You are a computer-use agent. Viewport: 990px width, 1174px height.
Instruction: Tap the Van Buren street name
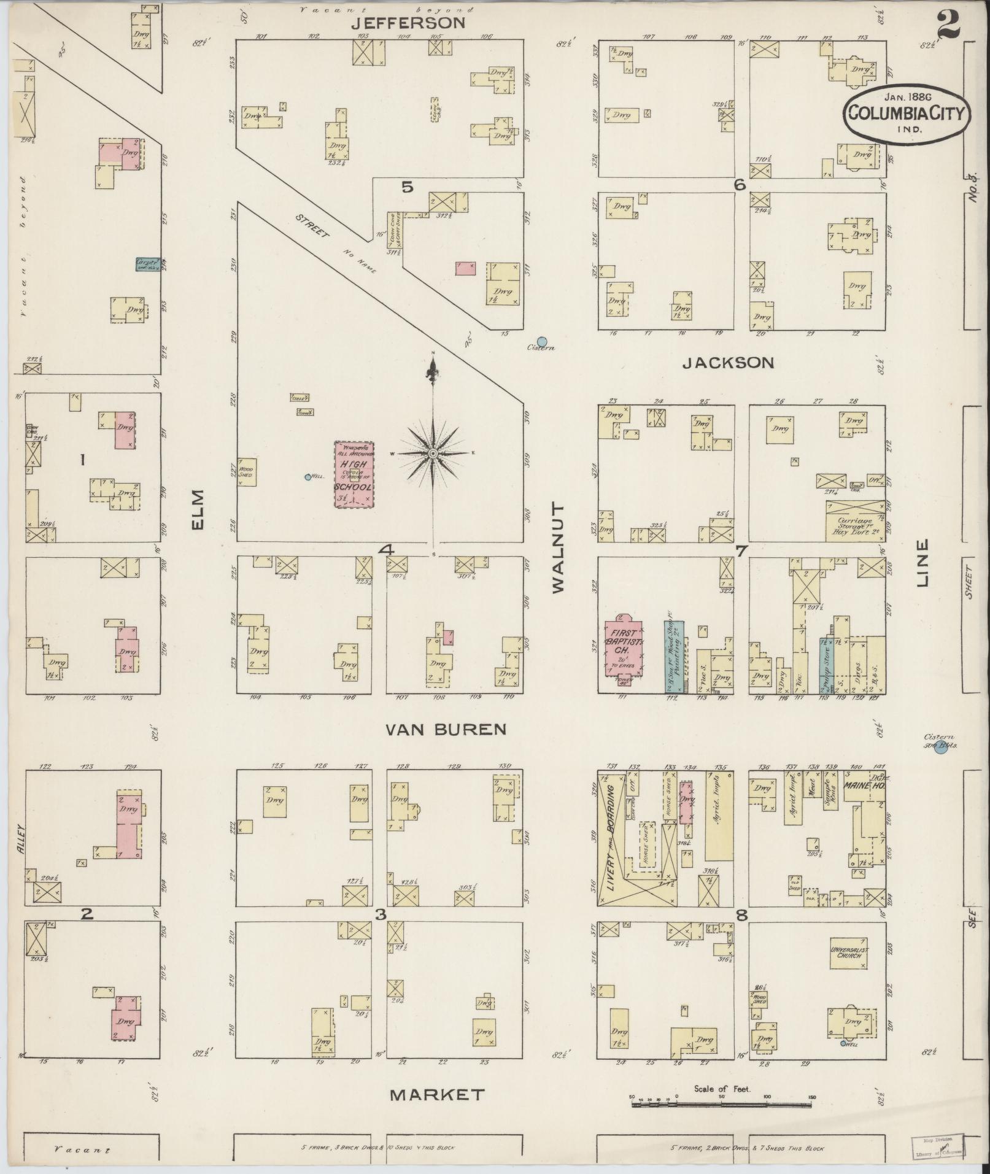pos(446,729)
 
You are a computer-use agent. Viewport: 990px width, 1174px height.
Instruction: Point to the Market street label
pos(438,1094)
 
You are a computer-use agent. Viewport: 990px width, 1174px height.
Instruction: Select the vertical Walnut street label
pos(557,547)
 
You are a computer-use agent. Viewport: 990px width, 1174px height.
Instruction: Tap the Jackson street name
pos(728,363)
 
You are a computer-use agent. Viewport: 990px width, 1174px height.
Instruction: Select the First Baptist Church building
pos(623,646)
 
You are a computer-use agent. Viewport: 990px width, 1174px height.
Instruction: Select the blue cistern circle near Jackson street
pos(541,341)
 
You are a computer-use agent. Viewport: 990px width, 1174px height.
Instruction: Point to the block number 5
pos(407,188)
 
